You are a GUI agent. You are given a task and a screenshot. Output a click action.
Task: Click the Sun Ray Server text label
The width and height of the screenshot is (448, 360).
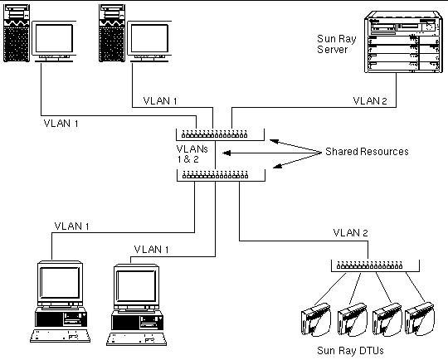[337, 44]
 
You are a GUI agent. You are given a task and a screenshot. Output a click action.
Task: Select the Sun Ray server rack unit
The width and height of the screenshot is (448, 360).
[403, 41]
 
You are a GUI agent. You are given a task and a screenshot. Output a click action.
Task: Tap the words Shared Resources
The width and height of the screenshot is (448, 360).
[367, 152]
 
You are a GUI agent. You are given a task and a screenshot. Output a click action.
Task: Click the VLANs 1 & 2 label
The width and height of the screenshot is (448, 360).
[192, 154]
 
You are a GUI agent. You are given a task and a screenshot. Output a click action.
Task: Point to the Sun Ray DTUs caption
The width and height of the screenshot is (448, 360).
[350, 350]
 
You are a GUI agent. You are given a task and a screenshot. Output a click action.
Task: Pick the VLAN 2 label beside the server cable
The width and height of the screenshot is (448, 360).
[370, 101]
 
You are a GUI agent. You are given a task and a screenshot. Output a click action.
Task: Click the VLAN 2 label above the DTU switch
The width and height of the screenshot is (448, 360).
[350, 233]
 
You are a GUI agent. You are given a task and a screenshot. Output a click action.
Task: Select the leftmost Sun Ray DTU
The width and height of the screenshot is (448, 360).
[316, 319]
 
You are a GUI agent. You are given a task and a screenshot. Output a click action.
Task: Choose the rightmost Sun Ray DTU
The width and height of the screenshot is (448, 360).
[420, 319]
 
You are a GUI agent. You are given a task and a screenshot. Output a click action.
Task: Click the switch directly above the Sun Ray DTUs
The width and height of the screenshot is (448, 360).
[375, 265]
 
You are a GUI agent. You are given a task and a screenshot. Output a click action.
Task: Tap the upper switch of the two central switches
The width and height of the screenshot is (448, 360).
[220, 134]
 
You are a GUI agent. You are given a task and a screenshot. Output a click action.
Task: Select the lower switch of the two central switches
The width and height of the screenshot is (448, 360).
[221, 175]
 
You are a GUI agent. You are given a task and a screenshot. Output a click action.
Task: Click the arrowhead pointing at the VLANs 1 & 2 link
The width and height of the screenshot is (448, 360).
[226, 153]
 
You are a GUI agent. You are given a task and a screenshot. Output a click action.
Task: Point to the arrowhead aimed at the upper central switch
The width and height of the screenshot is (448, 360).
[274, 141]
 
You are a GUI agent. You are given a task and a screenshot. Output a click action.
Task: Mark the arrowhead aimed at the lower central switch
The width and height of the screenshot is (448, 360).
[277, 166]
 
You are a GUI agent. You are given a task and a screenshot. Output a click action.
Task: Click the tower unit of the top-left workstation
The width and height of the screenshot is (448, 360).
[17, 33]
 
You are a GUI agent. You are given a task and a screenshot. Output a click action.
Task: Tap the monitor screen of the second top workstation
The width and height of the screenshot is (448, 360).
[149, 38]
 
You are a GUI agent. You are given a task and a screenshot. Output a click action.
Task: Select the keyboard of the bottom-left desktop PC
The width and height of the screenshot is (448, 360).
[60, 336]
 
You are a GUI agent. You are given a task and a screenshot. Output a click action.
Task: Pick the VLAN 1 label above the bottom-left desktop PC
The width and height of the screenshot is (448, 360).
[71, 226]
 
